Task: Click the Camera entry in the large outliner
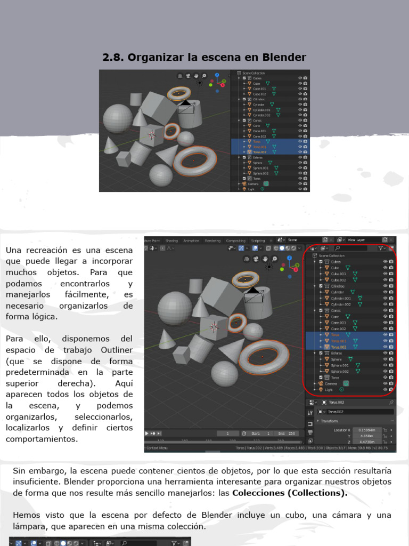331,383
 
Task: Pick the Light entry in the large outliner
329,390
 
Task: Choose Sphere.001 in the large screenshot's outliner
340,365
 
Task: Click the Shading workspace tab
171,241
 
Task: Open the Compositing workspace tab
236,241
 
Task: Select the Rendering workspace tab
212,241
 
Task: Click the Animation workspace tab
191,241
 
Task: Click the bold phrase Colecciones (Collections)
290,493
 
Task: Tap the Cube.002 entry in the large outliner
338,279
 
